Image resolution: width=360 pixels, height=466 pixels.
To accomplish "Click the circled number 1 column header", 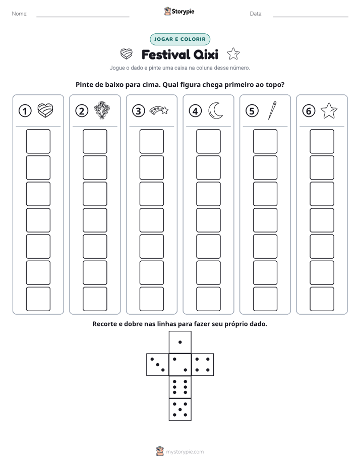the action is pyautogui.click(x=25, y=111).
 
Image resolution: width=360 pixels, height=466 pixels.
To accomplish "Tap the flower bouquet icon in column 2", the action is pyautogui.click(x=101, y=110).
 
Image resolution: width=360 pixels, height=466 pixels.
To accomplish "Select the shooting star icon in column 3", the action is pyautogui.click(x=159, y=110).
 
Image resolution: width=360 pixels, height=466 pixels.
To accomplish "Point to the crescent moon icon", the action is pyautogui.click(x=216, y=111).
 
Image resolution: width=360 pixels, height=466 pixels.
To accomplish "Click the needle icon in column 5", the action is pyautogui.click(x=272, y=110).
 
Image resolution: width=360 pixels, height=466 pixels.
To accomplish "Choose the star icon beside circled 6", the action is pyautogui.click(x=329, y=111).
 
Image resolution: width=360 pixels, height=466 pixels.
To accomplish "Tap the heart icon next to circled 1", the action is pyautogui.click(x=45, y=110).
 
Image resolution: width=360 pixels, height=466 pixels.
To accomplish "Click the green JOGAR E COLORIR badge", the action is pyautogui.click(x=180, y=39).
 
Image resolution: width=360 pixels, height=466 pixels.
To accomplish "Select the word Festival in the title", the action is pyautogui.click(x=165, y=54).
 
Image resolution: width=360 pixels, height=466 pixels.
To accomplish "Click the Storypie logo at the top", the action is pyautogui.click(x=179, y=11).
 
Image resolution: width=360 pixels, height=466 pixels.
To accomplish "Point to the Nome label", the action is pyautogui.click(x=20, y=14).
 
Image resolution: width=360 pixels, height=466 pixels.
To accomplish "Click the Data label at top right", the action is pyautogui.click(x=256, y=14).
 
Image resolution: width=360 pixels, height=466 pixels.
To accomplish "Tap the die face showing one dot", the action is pyautogui.click(x=180, y=342).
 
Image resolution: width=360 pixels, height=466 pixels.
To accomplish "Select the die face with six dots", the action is pyautogui.click(x=180, y=387).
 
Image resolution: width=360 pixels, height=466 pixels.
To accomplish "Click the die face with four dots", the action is pyautogui.click(x=203, y=365).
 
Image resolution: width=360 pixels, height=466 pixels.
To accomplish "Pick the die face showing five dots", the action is pyautogui.click(x=180, y=410).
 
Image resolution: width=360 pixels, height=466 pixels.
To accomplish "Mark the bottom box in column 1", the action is pyautogui.click(x=38, y=299).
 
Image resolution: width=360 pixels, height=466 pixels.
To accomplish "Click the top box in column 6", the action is pyautogui.click(x=322, y=141).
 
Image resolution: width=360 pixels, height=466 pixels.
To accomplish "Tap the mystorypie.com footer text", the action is pyautogui.click(x=185, y=452).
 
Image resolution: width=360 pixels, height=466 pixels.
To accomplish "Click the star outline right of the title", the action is pyautogui.click(x=233, y=54).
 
